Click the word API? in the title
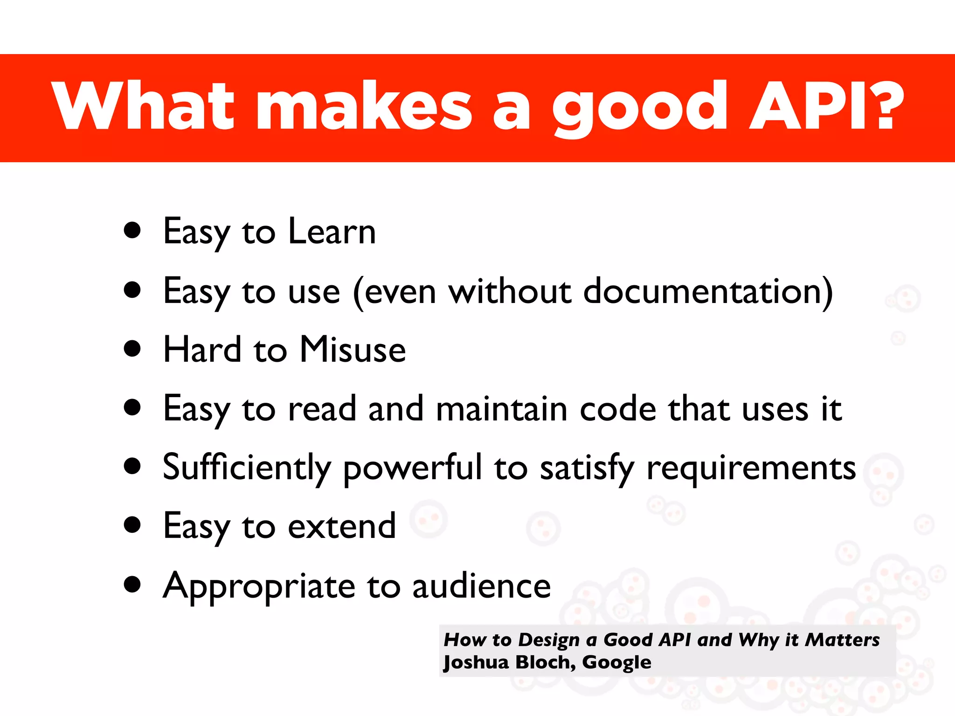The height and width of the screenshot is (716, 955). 825,106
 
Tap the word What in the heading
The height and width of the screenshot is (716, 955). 142,106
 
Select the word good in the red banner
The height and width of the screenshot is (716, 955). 639,108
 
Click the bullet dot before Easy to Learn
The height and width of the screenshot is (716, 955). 132,230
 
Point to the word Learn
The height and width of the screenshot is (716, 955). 332,232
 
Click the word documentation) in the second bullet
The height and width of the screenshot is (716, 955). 708,291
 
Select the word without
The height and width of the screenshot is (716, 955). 509,291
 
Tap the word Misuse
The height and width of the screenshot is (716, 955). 353,350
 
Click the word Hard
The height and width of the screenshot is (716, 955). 202,350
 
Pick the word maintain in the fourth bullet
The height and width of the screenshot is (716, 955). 502,409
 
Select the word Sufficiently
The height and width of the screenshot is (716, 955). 247,468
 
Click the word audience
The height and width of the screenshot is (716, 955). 481,586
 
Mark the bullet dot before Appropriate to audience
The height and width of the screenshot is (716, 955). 132,585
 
